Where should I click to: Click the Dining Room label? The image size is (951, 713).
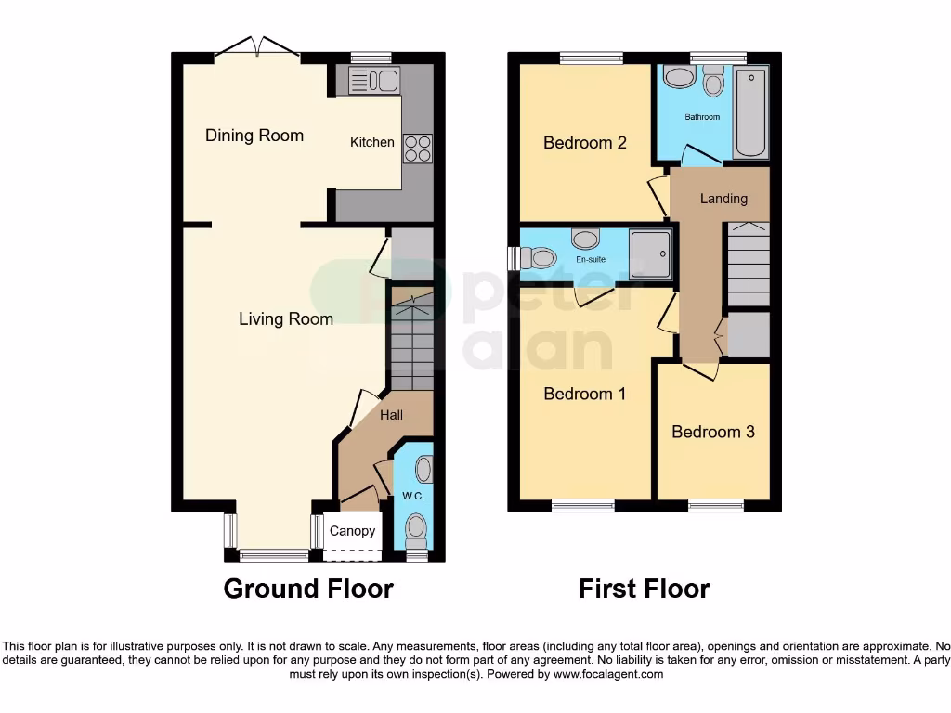point(254,136)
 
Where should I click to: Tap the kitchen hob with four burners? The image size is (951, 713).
point(417,149)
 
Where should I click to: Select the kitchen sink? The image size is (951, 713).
point(372,82)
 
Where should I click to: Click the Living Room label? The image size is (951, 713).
point(286,319)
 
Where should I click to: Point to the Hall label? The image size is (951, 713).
point(391,415)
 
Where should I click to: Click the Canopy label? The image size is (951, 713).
point(353,531)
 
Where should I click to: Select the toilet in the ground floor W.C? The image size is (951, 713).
point(417,531)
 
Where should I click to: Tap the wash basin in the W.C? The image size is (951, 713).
point(423,470)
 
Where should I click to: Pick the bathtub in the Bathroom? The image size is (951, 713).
point(751,112)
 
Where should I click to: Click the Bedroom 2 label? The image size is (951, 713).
point(585,143)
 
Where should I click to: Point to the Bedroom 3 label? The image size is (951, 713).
point(713,432)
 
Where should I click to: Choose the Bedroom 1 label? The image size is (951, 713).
point(585,394)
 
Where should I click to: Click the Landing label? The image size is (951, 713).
point(723,199)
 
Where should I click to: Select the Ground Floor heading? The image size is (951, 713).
point(308,589)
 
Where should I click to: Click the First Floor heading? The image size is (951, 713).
point(645,589)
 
